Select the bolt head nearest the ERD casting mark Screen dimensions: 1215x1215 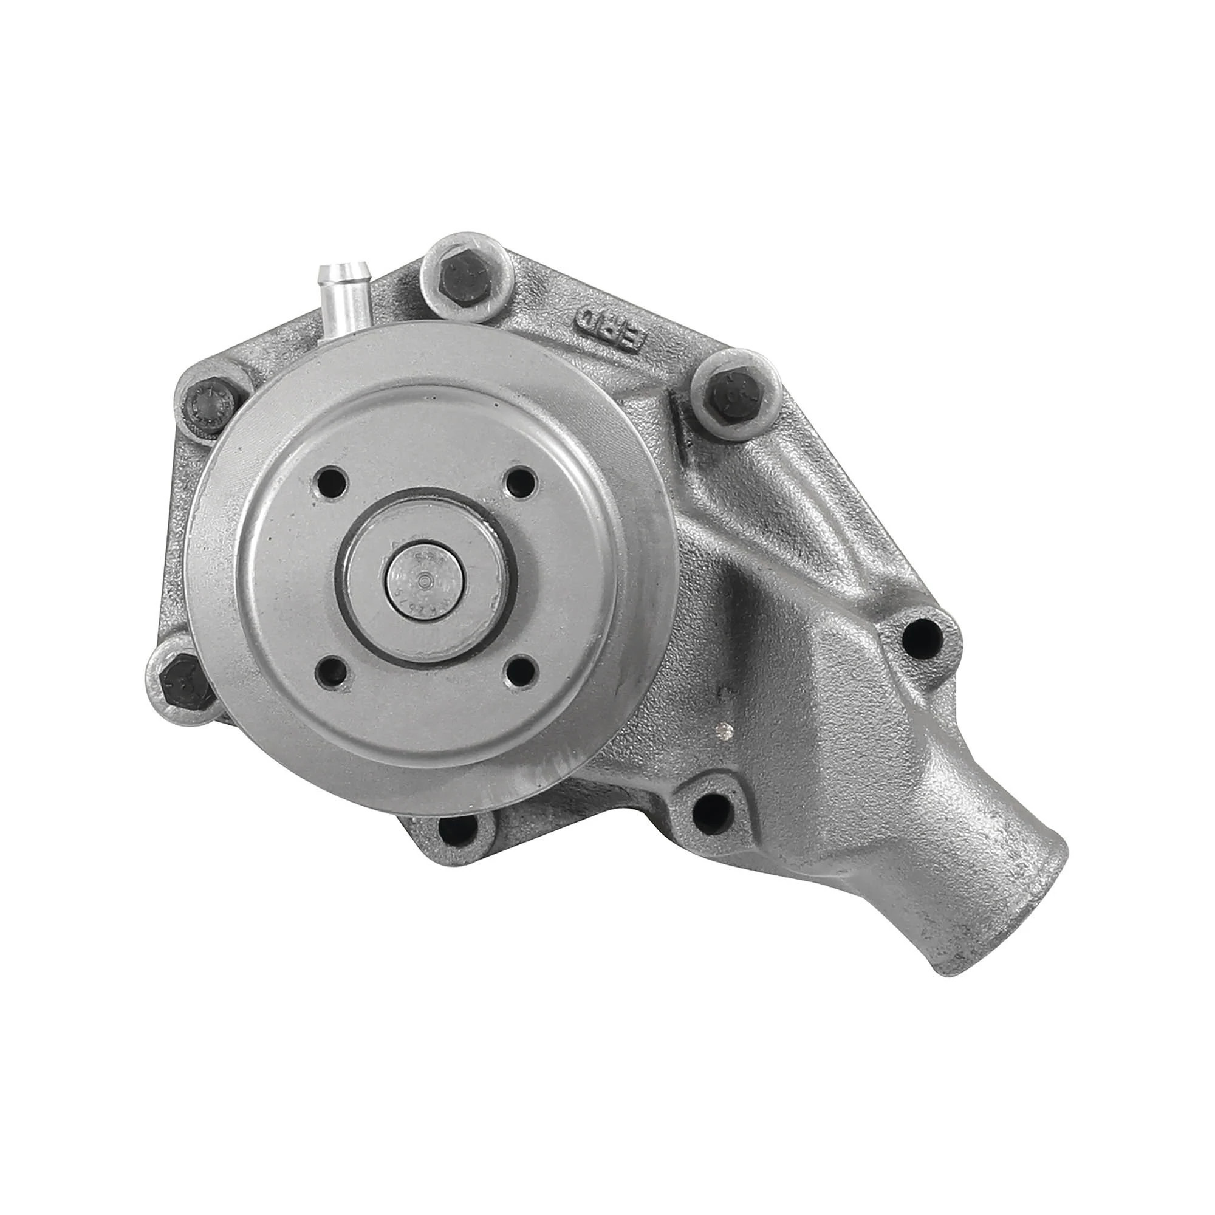(733, 394)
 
